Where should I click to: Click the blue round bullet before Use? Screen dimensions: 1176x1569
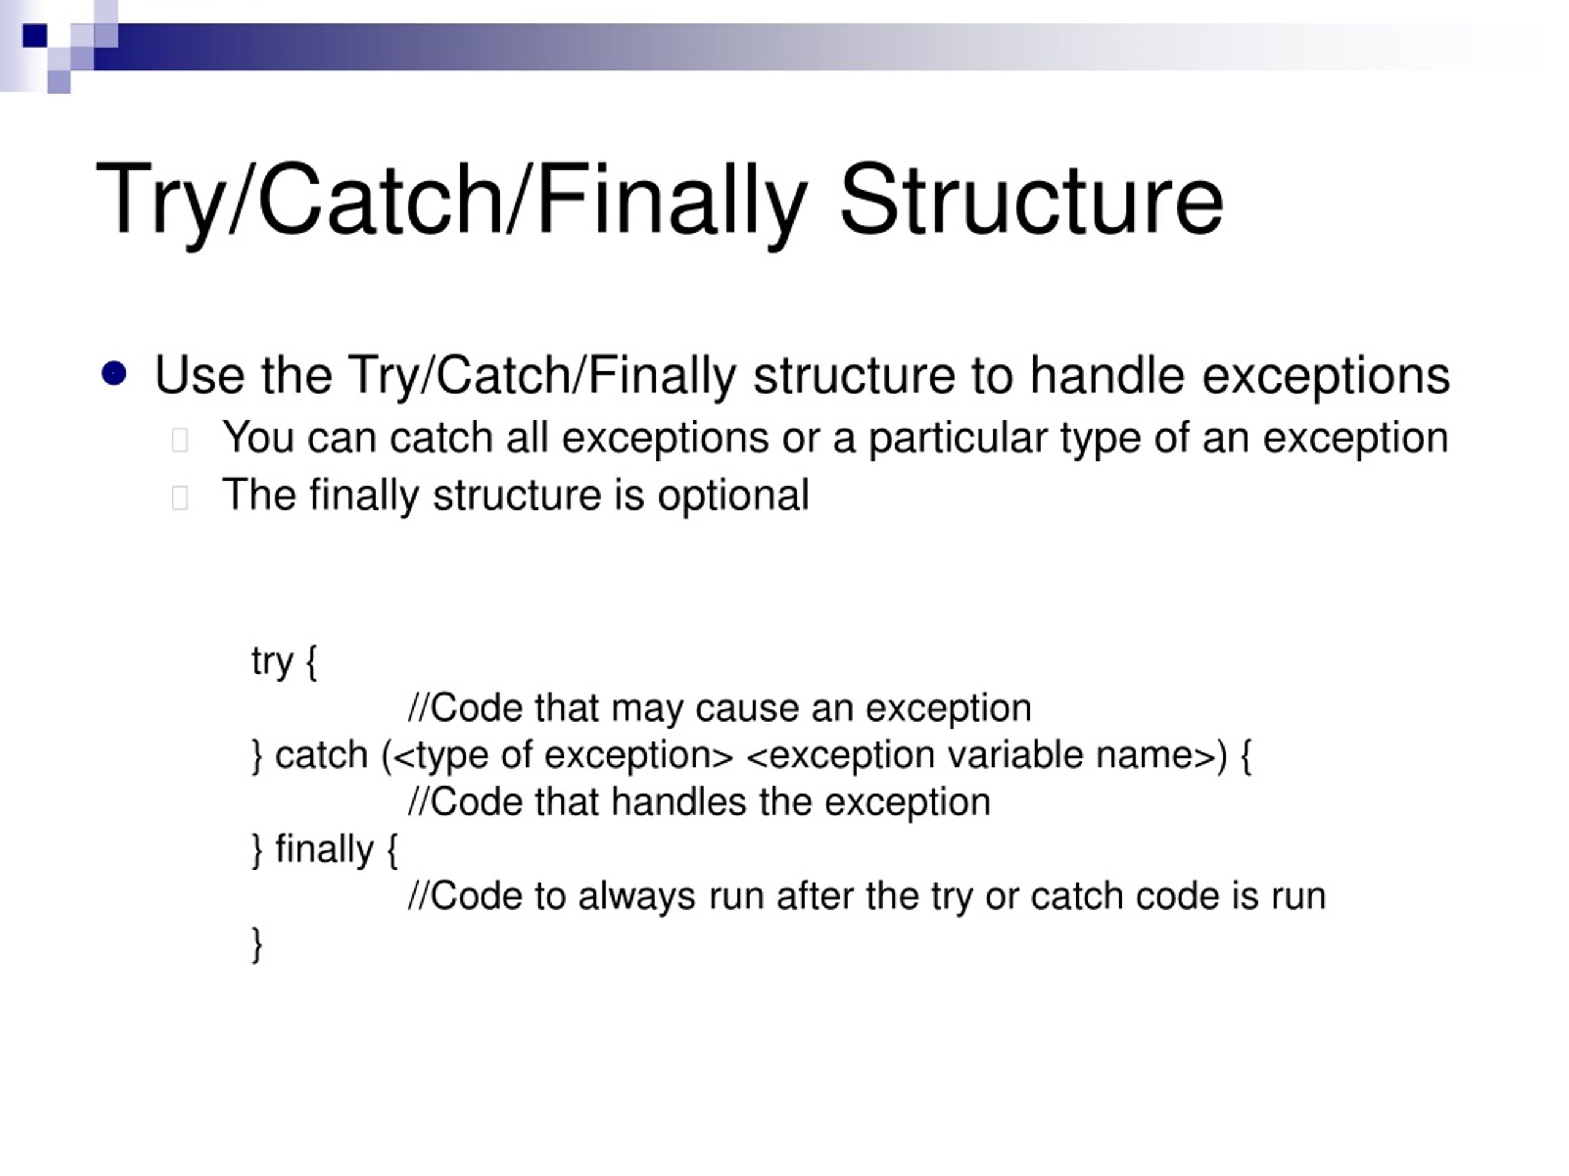point(114,373)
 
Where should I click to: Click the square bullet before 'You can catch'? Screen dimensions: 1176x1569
point(180,440)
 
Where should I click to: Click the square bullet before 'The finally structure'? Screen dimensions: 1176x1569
point(180,497)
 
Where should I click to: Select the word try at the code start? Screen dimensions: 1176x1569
point(272,662)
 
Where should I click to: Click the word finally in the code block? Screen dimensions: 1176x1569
point(324,848)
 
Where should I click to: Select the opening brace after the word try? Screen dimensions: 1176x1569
point(311,662)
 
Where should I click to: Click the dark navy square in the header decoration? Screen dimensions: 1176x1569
point(34,36)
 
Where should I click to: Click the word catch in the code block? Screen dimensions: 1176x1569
point(321,755)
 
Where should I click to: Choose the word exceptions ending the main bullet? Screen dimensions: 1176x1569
point(1325,375)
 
